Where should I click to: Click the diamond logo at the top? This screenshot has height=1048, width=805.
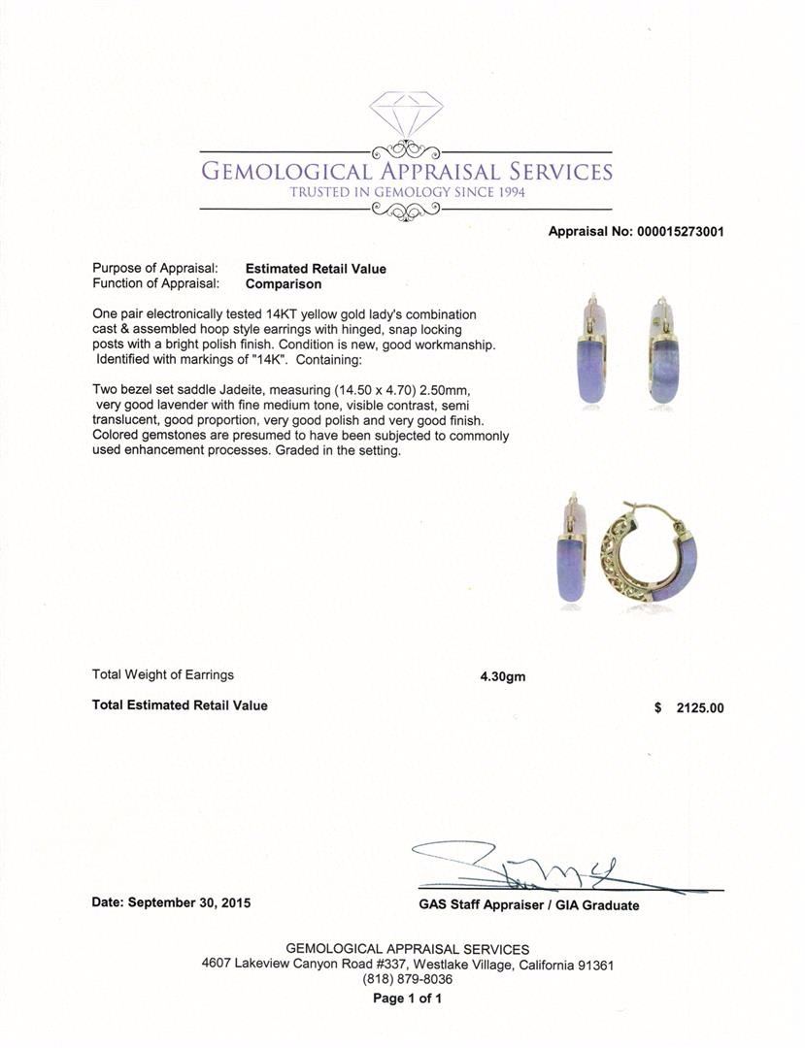[406, 115]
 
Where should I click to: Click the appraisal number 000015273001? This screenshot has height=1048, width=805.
[679, 232]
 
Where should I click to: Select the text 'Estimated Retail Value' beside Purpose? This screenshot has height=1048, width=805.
[316, 269]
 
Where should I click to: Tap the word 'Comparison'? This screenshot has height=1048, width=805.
[284, 284]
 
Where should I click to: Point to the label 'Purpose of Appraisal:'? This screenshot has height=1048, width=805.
[154, 269]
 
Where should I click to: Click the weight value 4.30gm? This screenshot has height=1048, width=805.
[502, 676]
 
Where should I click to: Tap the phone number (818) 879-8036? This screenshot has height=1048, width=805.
[408, 980]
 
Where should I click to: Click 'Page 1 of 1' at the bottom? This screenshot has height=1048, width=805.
[408, 999]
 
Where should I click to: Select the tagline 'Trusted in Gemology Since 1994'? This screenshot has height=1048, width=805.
[407, 193]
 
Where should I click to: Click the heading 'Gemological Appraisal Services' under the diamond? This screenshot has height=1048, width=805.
[407, 172]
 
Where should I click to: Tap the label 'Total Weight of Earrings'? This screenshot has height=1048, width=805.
[163, 675]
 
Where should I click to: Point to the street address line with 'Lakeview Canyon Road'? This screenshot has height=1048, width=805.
[408, 965]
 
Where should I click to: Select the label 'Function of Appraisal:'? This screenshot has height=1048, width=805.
[155, 284]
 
